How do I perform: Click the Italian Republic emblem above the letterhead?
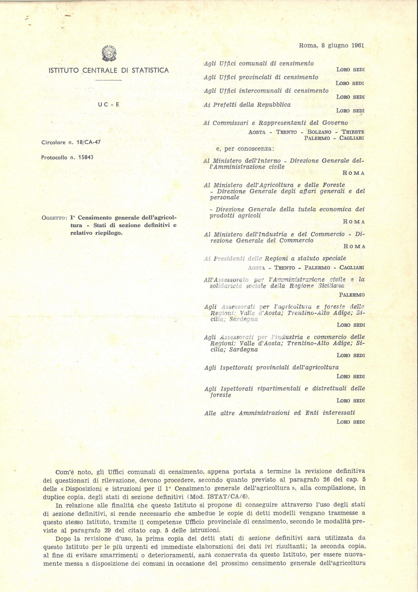point(109,53)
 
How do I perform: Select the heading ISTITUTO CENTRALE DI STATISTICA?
point(109,70)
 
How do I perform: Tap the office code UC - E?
point(109,105)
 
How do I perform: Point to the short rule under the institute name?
point(109,81)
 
